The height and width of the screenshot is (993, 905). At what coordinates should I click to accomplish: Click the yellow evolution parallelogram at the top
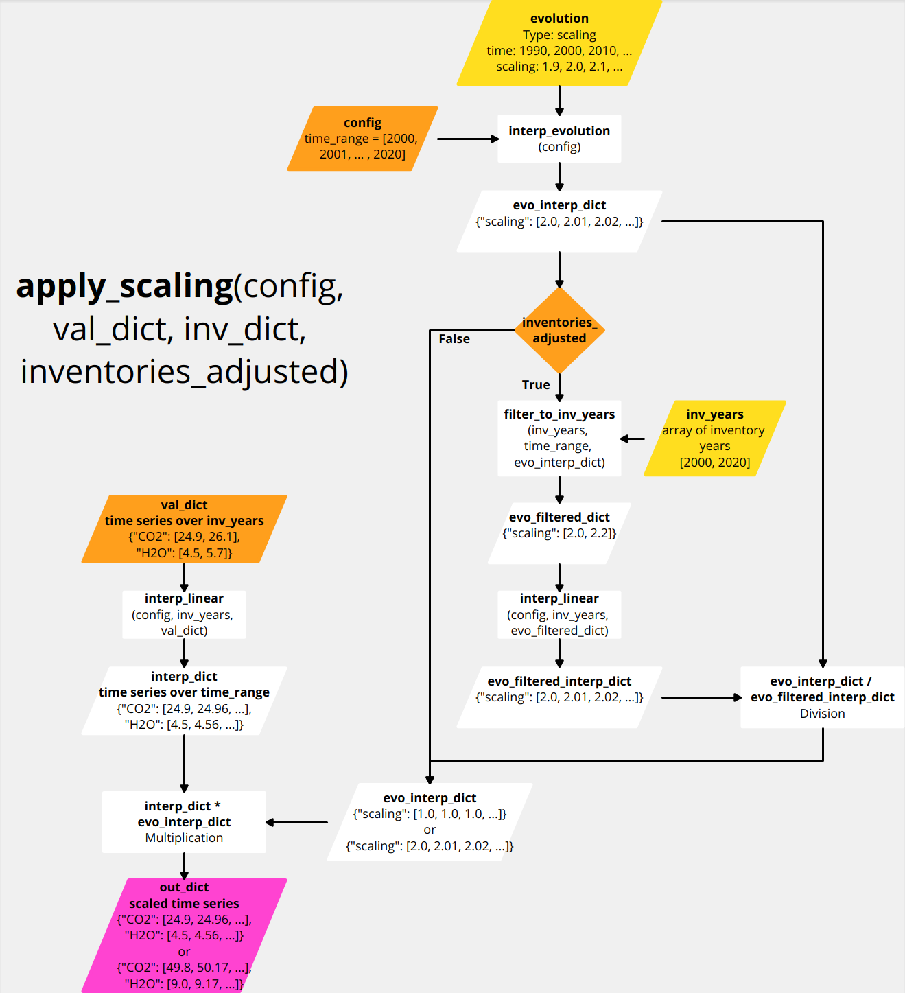559,43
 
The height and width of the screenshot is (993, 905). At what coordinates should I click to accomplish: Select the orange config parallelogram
362,139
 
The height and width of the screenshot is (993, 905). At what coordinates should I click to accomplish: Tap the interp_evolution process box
559,139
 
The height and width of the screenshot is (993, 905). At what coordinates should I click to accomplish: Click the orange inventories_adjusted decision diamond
559,330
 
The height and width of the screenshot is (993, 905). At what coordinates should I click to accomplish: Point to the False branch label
454,339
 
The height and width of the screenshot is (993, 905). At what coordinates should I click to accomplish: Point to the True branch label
536,385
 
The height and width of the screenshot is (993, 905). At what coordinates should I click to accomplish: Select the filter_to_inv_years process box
559,438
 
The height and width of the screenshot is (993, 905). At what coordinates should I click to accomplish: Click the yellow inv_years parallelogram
714,438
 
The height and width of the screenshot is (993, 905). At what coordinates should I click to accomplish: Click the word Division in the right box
822,714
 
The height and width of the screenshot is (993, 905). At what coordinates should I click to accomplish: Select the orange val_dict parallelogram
184,529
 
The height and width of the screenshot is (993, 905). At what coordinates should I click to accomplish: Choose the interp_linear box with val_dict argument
184,614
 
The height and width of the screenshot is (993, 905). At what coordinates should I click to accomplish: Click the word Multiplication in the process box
184,838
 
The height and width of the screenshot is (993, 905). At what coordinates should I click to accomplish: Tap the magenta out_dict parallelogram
184,935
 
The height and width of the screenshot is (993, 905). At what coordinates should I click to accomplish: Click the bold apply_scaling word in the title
125,286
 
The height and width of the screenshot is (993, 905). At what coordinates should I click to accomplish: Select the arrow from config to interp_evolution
467,139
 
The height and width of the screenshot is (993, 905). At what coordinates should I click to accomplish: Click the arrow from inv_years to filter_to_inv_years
633,439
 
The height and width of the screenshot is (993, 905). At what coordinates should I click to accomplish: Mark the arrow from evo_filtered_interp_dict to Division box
701,697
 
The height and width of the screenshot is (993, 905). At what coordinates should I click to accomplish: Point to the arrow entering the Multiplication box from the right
296,822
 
